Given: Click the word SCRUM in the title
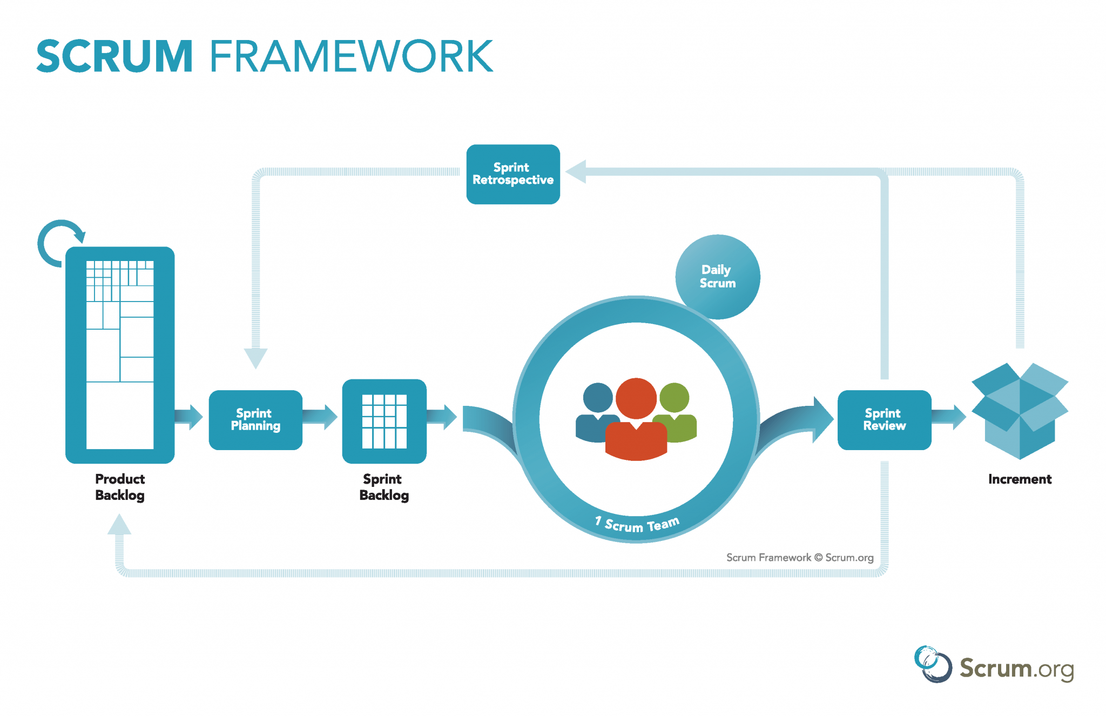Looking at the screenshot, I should (x=114, y=56).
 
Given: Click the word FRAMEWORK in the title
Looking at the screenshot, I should (x=351, y=56).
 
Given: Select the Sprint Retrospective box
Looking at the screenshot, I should (x=512, y=174).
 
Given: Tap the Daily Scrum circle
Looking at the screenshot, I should (x=717, y=276).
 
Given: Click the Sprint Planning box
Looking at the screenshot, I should (x=255, y=420).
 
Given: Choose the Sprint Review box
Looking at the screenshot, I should (x=884, y=420).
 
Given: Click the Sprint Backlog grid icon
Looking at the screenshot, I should (x=384, y=421).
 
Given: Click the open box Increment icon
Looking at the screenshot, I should (x=1019, y=411).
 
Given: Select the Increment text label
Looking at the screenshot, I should (x=1019, y=479).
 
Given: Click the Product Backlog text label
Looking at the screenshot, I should (x=120, y=487).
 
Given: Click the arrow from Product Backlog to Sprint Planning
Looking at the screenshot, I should (x=189, y=417).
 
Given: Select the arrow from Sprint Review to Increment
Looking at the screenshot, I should (x=949, y=417).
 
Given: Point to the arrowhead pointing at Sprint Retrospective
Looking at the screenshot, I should (x=577, y=171).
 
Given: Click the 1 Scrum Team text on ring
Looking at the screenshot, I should (x=637, y=525).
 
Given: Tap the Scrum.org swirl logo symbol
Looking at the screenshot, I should (x=933, y=664).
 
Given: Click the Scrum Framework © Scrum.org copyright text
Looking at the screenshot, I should (x=799, y=558).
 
